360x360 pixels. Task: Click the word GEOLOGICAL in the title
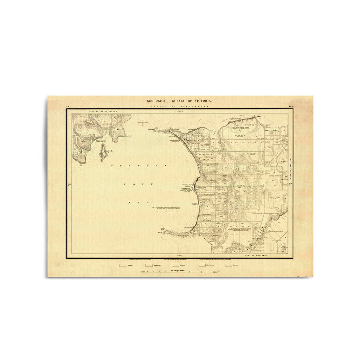click(x=157, y=101)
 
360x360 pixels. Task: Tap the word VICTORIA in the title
click(x=202, y=101)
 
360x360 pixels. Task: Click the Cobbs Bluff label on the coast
click(x=186, y=188)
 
